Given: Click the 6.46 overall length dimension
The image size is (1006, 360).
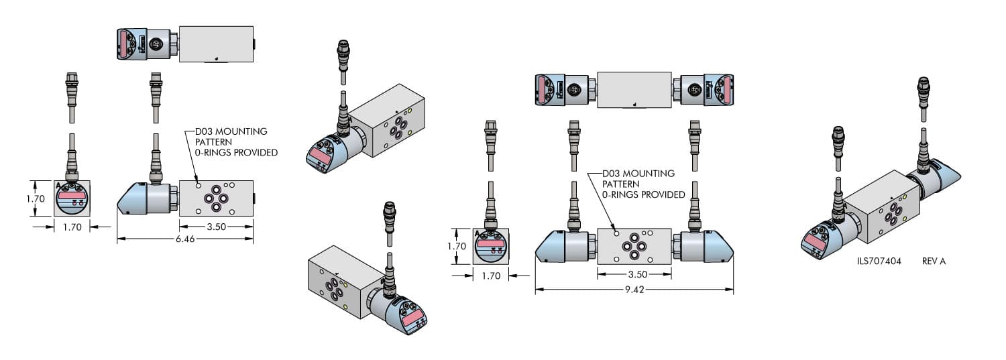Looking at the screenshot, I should (184, 239).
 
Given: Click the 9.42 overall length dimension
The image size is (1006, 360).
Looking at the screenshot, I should (633, 291).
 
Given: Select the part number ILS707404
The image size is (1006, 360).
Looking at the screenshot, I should (879, 261).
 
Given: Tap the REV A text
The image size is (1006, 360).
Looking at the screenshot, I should (933, 261).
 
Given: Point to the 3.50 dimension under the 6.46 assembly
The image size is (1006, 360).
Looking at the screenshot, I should (215, 227).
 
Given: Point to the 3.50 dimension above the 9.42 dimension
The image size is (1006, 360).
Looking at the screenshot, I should (633, 275).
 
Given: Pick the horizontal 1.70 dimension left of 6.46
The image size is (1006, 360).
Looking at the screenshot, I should (72, 227).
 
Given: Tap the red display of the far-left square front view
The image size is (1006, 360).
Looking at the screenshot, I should (72, 195).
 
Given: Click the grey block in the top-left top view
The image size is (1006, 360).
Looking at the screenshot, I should (216, 44).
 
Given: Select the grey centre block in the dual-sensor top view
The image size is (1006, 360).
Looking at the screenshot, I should (634, 89).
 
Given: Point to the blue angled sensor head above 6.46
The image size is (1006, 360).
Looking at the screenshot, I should (132, 199).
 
